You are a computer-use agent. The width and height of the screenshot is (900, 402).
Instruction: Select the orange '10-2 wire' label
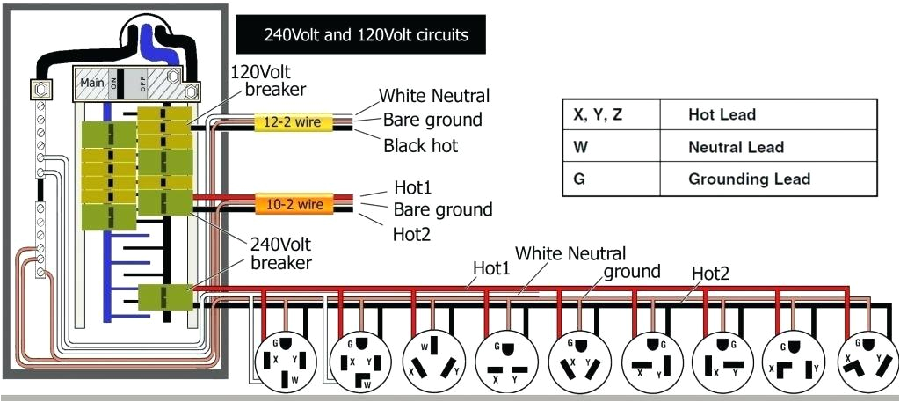[x=294, y=205]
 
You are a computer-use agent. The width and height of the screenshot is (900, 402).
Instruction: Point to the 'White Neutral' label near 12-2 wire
[x=434, y=96]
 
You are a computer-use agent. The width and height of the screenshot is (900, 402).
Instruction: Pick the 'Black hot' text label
[x=421, y=146]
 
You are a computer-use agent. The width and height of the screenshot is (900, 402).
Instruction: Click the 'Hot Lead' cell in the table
[x=722, y=115]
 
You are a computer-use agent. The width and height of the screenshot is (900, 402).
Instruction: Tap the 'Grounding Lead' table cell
[x=749, y=179]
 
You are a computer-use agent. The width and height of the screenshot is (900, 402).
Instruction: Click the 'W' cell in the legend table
[x=580, y=147]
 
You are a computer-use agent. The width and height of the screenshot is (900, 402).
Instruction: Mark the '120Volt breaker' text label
[x=268, y=80]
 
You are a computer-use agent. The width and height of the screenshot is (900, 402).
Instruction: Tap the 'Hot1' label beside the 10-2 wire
[x=414, y=188]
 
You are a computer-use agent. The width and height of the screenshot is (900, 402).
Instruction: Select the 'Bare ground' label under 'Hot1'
[x=443, y=209]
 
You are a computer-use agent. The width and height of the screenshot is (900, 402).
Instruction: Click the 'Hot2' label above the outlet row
[x=710, y=274]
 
